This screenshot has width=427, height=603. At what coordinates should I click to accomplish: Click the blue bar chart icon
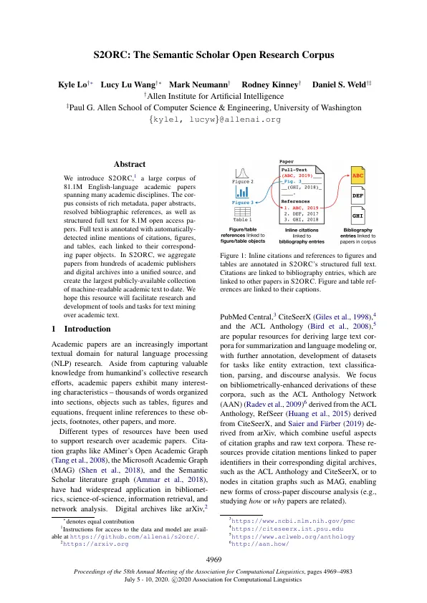point(242,191)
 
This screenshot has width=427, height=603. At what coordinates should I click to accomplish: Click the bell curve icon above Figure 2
point(242,173)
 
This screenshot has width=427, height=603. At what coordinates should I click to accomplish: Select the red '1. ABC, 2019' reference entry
point(301,207)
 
